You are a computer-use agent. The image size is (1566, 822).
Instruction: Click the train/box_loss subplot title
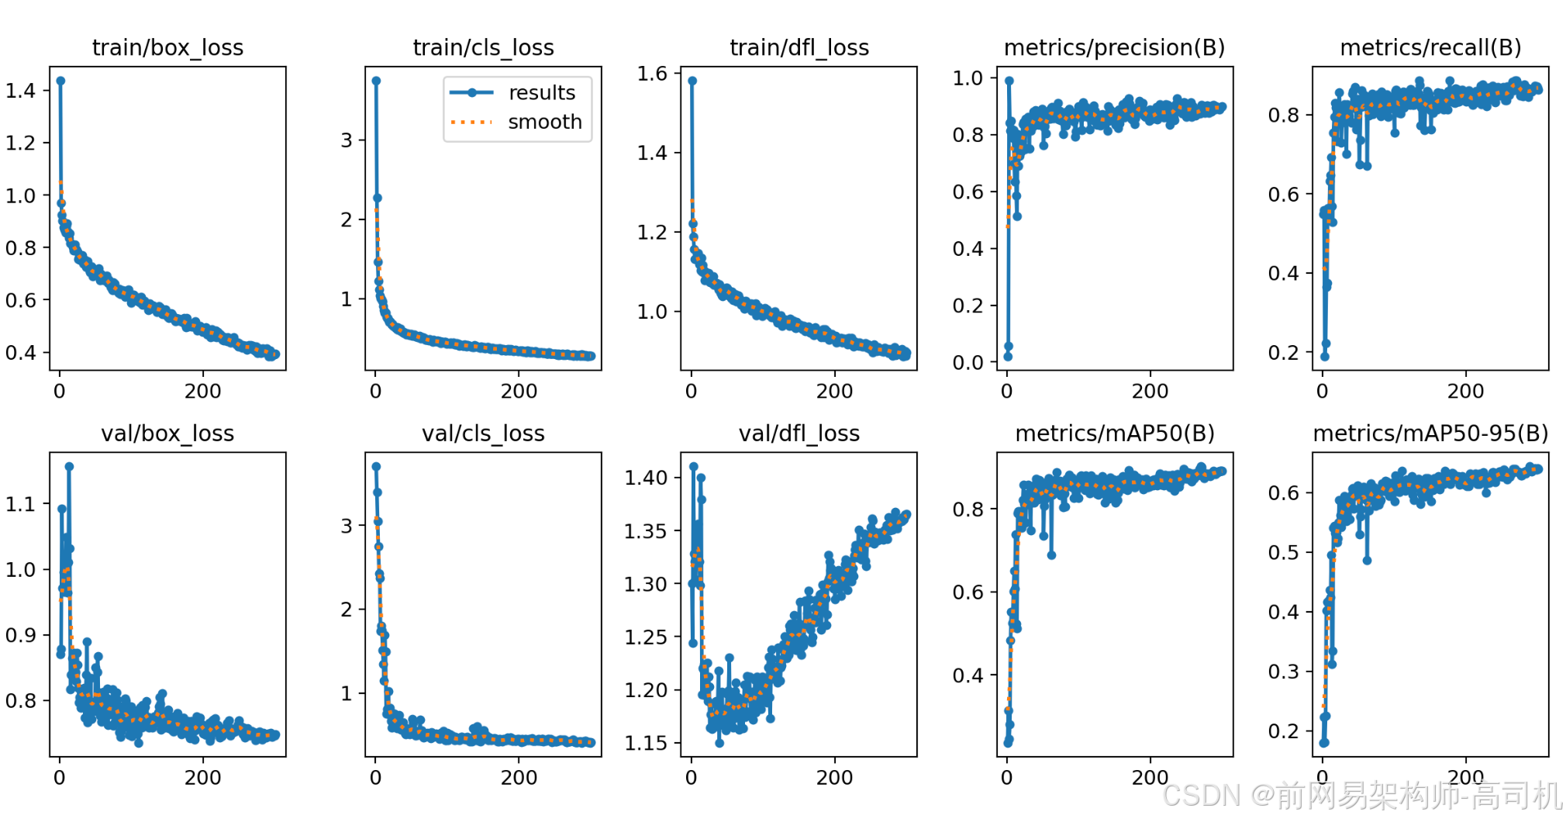tap(167, 48)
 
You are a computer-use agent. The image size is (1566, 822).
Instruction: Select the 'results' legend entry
tap(542, 93)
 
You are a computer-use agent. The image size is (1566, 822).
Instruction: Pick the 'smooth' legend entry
tap(545, 122)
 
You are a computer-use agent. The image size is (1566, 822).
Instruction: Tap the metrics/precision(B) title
tap(1114, 48)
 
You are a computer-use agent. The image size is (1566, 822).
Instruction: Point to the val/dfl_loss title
tap(799, 433)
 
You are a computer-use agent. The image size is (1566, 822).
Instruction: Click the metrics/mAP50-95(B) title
tap(1430, 433)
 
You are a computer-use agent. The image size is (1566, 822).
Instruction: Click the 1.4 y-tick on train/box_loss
tap(21, 91)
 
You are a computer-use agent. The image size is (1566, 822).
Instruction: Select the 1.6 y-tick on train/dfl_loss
tap(652, 74)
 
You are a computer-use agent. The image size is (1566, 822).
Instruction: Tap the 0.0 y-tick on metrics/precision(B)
tap(968, 362)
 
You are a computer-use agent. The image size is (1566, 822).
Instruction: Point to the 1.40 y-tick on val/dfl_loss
tap(646, 478)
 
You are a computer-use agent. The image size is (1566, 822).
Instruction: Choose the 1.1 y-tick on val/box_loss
tap(21, 505)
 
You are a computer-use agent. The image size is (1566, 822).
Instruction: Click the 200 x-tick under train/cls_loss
tap(519, 391)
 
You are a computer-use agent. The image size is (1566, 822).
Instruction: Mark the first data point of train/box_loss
tap(60, 81)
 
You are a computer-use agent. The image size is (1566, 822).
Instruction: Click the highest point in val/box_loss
tap(69, 467)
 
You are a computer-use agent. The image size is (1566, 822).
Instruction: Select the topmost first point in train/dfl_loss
tap(692, 81)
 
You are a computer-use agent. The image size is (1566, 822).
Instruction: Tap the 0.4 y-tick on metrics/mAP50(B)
tap(968, 675)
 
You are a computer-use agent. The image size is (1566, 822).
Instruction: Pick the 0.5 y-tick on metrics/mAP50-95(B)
tap(1283, 553)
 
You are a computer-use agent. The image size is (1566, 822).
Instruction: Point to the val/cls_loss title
tap(483, 433)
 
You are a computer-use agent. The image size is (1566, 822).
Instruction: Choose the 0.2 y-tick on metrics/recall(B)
tap(1283, 353)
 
